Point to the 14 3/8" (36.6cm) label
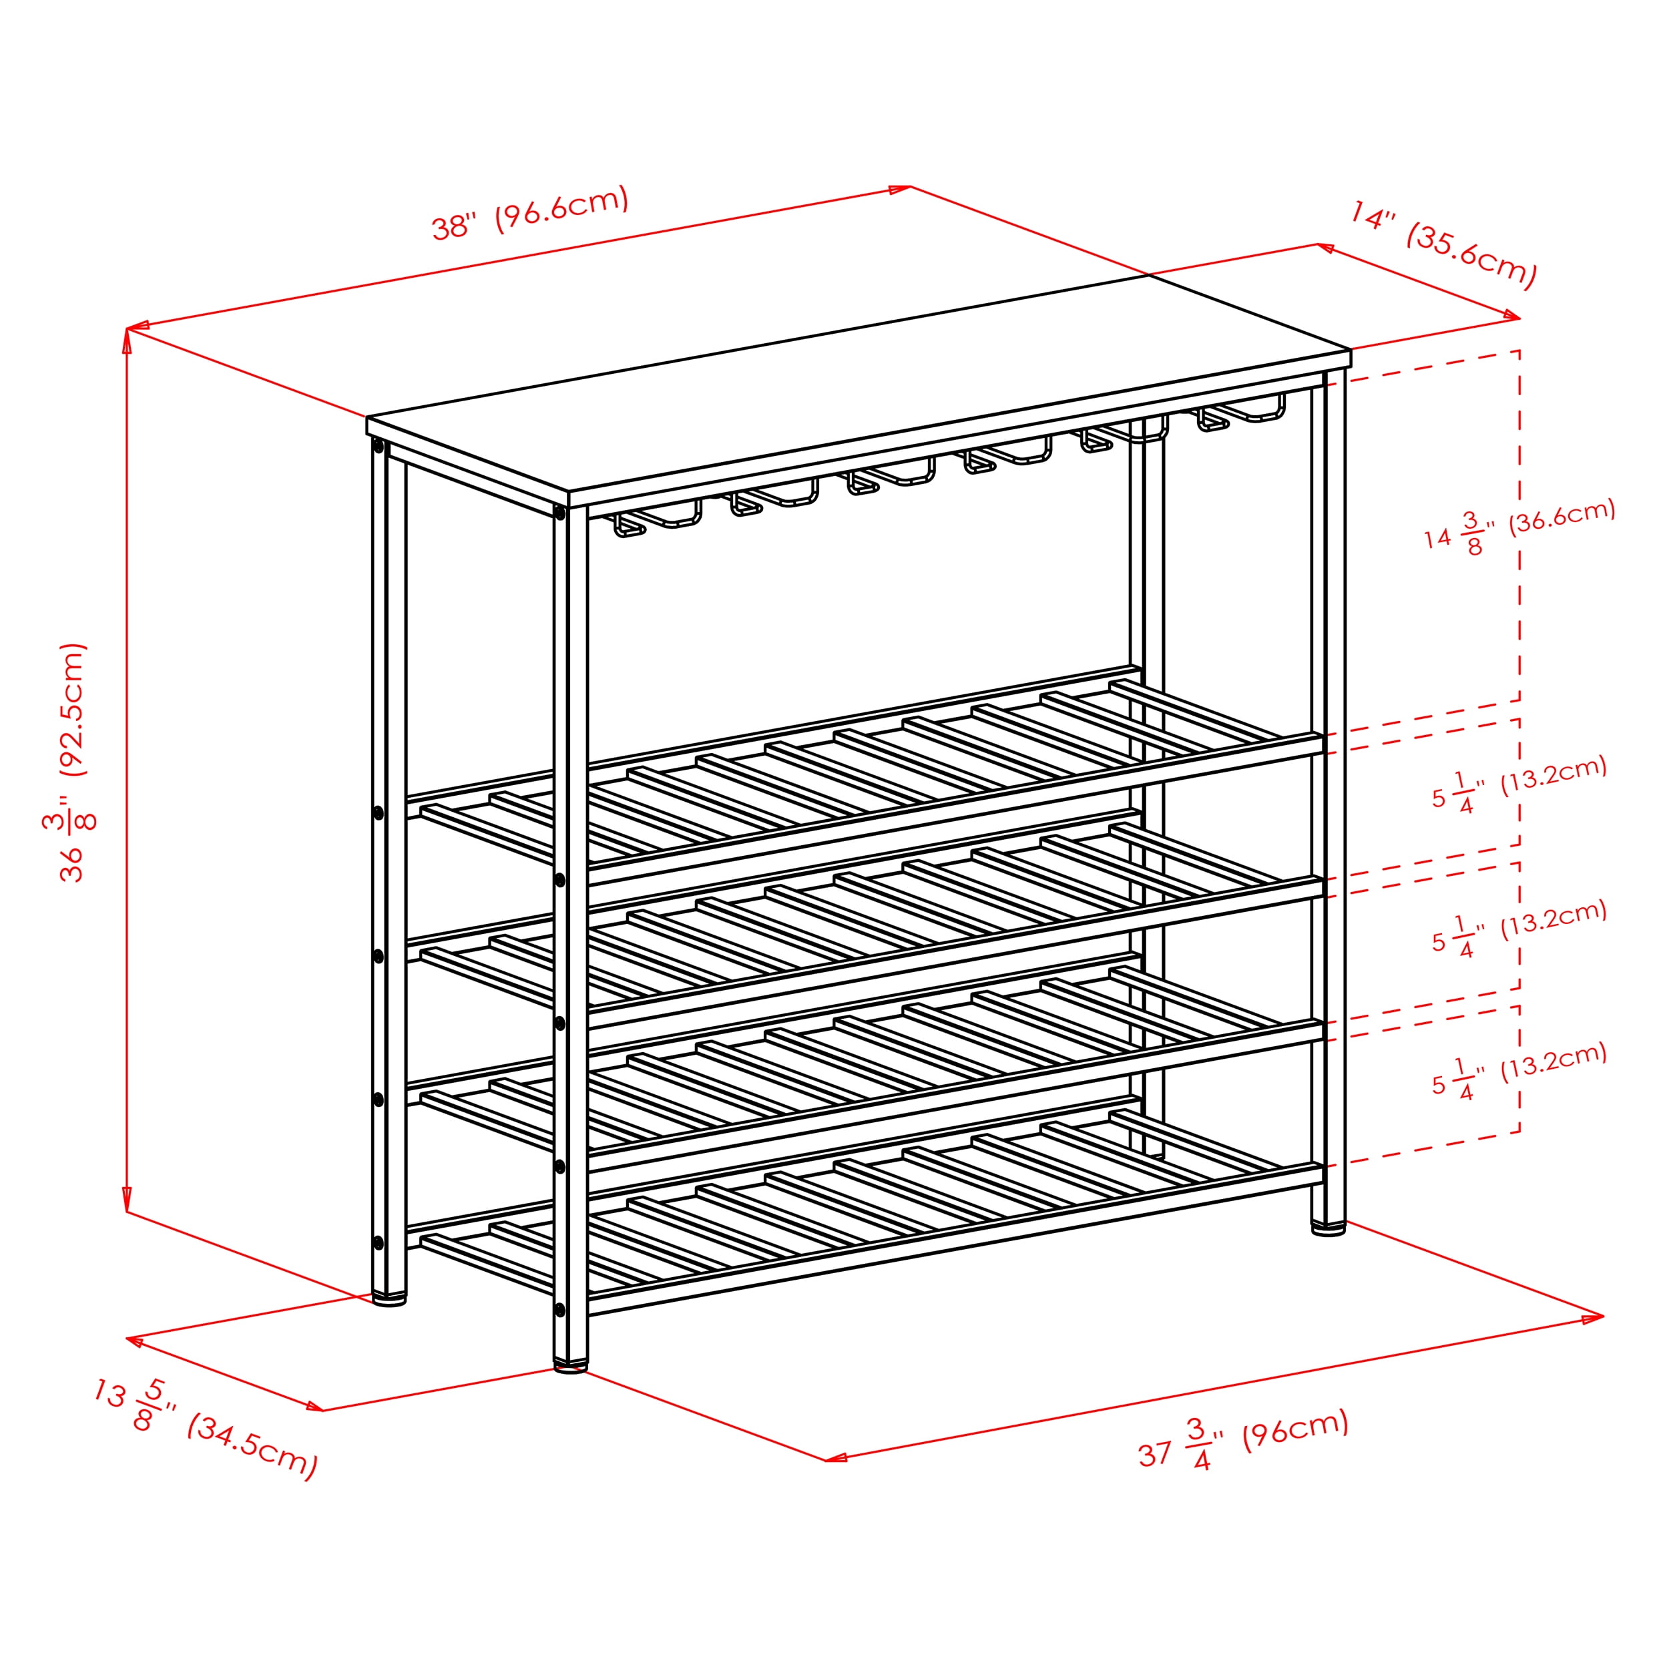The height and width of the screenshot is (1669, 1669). tap(1519, 528)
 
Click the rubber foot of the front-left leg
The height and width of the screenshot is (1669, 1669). tap(570, 1365)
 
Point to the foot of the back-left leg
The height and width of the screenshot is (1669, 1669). tap(389, 1298)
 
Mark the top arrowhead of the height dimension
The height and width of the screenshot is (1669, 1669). tap(127, 340)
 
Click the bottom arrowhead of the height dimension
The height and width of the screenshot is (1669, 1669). tap(127, 1199)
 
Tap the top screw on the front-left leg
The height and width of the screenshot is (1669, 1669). tap(560, 514)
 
